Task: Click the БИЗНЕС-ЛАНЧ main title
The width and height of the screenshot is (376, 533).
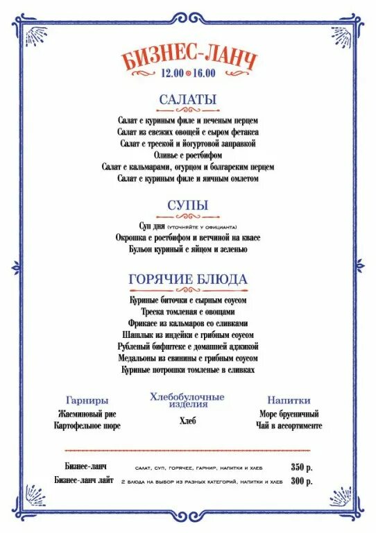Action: [189, 58]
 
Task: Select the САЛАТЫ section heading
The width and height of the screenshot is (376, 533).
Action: [188, 99]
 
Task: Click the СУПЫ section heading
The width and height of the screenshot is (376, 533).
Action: [188, 205]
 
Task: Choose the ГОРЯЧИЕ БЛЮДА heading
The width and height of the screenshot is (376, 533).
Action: [188, 278]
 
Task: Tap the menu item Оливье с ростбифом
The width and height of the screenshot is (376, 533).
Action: [188, 155]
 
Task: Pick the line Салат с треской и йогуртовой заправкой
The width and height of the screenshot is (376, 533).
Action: [188, 143]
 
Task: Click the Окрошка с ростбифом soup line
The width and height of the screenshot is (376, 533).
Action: [188, 237]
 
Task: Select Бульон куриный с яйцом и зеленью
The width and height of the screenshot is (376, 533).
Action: [188, 248]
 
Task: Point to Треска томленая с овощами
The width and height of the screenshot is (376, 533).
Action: [188, 312]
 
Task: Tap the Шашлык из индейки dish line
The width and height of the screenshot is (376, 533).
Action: [188, 335]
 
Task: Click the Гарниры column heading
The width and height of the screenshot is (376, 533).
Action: [87, 400]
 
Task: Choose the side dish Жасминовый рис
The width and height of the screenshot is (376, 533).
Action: [87, 414]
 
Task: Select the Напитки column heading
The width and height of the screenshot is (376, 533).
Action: [289, 400]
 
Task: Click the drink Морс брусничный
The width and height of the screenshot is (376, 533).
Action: [289, 414]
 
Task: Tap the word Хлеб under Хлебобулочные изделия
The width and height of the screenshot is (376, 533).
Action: [188, 420]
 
